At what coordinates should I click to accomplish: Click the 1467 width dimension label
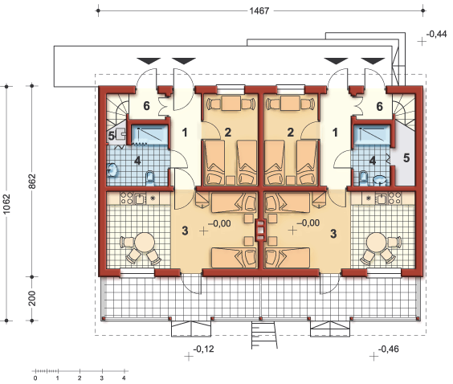[259, 11]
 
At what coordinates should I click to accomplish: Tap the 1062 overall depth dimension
[6, 204]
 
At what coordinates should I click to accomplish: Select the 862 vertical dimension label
[32, 182]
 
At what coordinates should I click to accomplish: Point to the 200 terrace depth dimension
[32, 298]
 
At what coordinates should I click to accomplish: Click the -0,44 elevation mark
[436, 34]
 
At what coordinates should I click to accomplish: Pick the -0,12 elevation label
[204, 349]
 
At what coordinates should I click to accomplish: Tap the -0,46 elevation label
[389, 349]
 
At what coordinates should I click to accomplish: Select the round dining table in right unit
[377, 242]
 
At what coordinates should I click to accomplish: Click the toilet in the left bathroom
[150, 178]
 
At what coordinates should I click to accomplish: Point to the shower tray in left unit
[149, 134]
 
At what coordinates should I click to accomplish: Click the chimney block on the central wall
[260, 231]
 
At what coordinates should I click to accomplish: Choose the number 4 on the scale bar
[124, 378]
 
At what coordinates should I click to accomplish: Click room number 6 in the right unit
[380, 107]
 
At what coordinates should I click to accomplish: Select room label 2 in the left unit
[228, 133]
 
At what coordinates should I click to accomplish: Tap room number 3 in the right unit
[333, 234]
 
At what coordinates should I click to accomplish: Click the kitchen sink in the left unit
[140, 199]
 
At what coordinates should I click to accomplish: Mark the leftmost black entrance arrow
[149, 61]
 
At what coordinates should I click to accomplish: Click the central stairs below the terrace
[264, 335]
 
